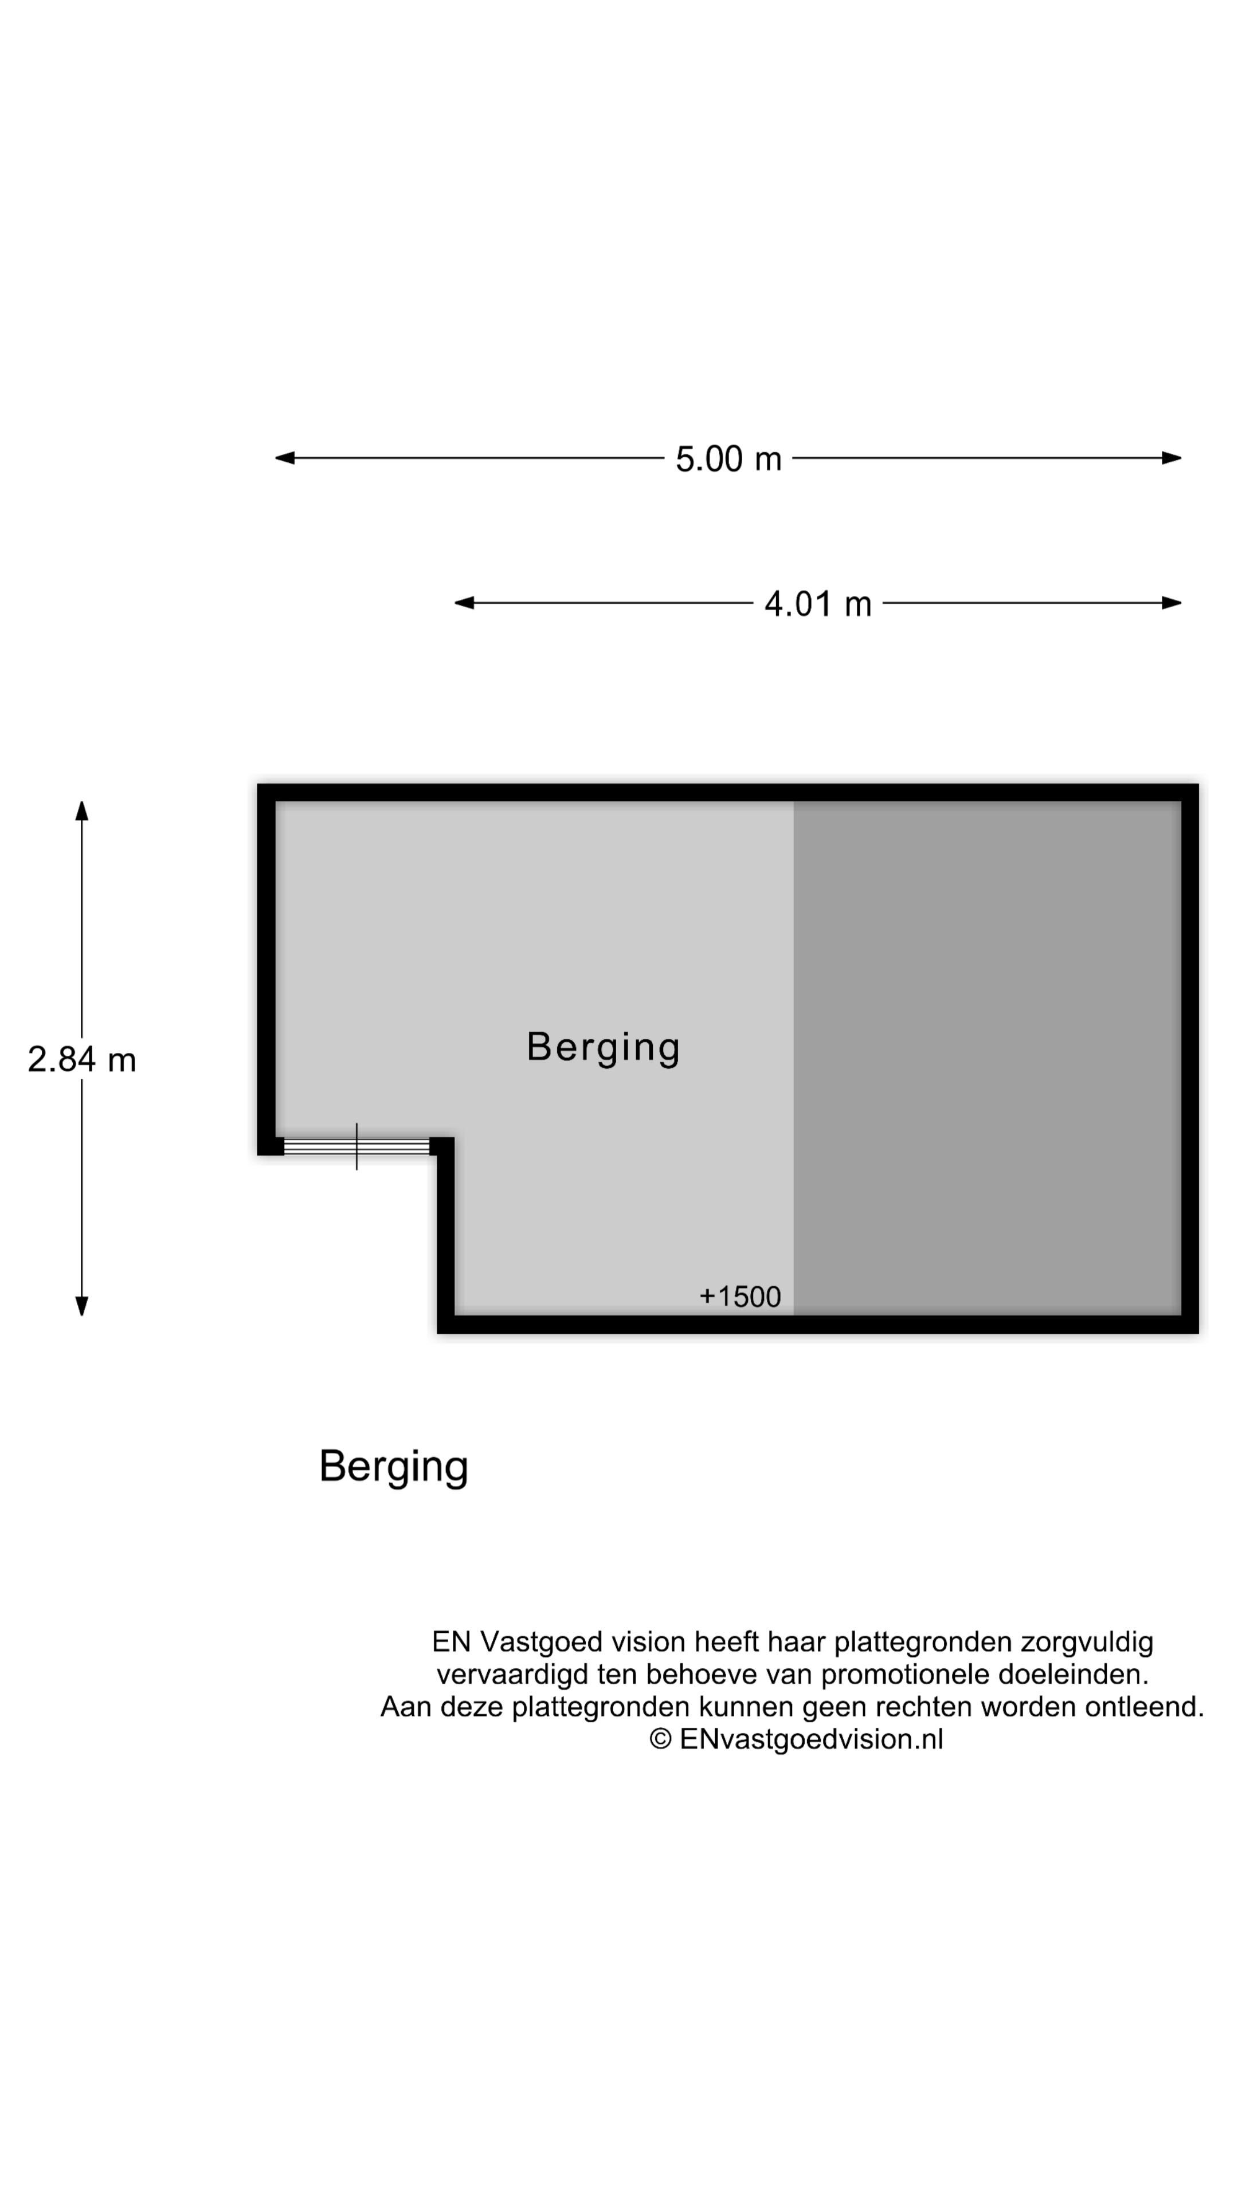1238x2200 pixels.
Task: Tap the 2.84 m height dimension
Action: [81, 1060]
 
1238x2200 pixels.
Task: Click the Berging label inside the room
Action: [603, 1047]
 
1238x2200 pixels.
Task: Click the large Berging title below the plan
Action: [393, 1467]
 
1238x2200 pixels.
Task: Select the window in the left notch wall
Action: [356, 1146]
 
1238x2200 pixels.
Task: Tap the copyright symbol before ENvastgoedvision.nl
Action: [660, 1740]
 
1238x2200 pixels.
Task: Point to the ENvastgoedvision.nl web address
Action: [811, 1740]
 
